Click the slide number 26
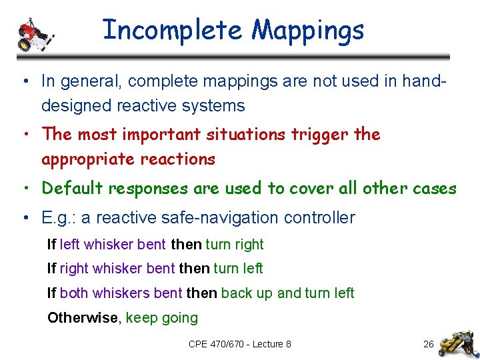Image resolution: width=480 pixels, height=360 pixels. tap(429, 344)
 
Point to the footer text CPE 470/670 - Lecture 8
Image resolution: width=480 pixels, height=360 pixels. tap(240, 344)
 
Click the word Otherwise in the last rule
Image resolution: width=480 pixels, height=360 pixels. tap(82, 317)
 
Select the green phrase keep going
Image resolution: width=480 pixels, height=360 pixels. tap(162, 318)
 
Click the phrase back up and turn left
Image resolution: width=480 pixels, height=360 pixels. tap(287, 293)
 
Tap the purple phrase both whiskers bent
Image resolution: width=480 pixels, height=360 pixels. tap(121, 293)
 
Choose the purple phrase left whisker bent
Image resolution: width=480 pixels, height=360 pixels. tap(113, 244)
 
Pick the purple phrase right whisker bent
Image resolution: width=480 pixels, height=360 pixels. tap(117, 268)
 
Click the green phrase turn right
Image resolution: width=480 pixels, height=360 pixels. tap(235, 244)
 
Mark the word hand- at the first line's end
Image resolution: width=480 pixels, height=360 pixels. tap(423, 81)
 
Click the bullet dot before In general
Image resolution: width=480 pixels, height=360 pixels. tap(24, 82)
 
